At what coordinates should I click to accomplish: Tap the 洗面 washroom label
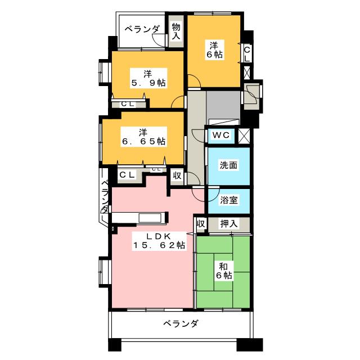coord(227,165)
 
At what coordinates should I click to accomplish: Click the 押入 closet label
coord(228,224)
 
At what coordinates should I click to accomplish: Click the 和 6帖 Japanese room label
coord(224,270)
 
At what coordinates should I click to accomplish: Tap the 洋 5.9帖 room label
coord(148,78)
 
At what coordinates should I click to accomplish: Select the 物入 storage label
coord(176,30)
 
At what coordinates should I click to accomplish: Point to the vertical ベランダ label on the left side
coord(105,196)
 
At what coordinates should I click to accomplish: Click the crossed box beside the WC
coord(244,136)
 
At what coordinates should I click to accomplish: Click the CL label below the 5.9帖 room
coord(127,103)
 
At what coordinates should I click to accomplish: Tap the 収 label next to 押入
coord(200,223)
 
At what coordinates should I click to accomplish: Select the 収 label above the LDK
coord(177,175)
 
